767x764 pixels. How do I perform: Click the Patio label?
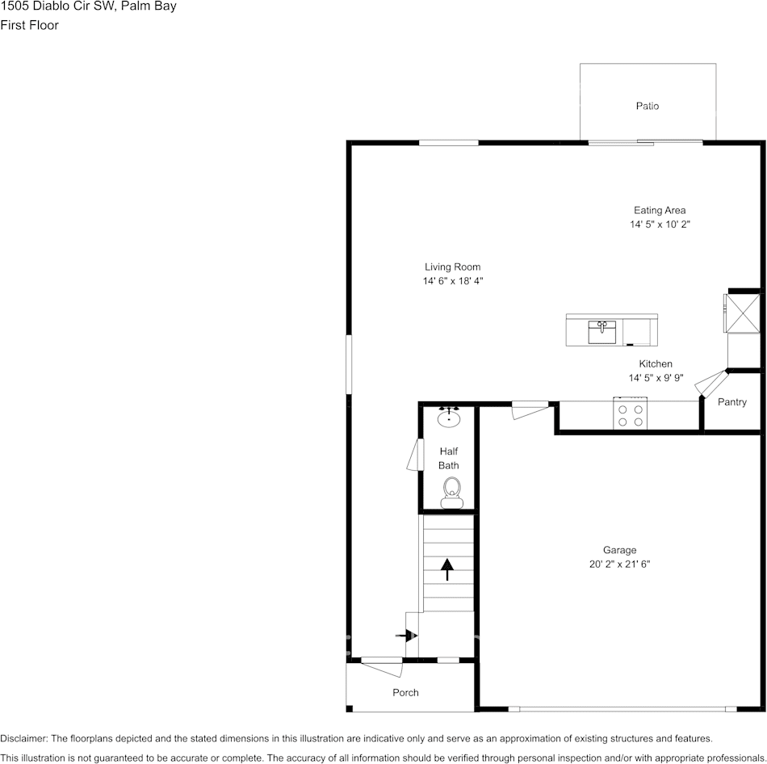pyautogui.click(x=647, y=106)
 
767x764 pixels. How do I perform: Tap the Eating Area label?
pyautogui.click(x=660, y=211)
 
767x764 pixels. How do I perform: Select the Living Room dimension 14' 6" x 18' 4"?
pyautogui.click(x=453, y=281)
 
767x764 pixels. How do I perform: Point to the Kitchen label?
pyautogui.click(x=656, y=364)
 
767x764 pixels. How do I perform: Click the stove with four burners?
pyautogui.click(x=630, y=415)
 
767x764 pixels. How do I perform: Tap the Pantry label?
pyautogui.click(x=732, y=402)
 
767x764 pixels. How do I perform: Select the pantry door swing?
pyautogui.click(x=710, y=383)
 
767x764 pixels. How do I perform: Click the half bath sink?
pyautogui.click(x=449, y=418)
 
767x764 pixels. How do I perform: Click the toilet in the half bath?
pyautogui.click(x=452, y=491)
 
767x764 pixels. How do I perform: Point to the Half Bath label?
pyautogui.click(x=449, y=459)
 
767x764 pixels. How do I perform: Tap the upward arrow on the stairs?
pyautogui.click(x=446, y=569)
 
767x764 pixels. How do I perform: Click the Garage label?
pyautogui.click(x=619, y=551)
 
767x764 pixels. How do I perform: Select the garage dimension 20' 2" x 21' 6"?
pyautogui.click(x=619, y=565)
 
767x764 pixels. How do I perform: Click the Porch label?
pyautogui.click(x=405, y=692)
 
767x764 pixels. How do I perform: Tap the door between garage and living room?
pyautogui.click(x=530, y=410)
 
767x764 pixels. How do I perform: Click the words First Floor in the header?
pyautogui.click(x=29, y=25)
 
